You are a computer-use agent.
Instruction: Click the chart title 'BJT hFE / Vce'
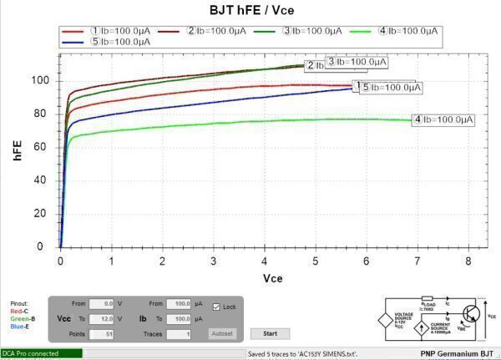pyautogui.click(x=251, y=10)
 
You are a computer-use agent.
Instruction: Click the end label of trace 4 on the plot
pyautogui.click(x=443, y=120)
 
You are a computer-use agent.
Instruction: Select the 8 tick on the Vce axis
pyautogui.click(x=468, y=261)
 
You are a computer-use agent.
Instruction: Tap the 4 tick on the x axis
pyautogui.click(x=265, y=261)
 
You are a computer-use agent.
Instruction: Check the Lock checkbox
pyautogui.click(x=216, y=307)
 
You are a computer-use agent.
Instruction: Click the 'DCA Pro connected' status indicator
pyautogui.click(x=42, y=353)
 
